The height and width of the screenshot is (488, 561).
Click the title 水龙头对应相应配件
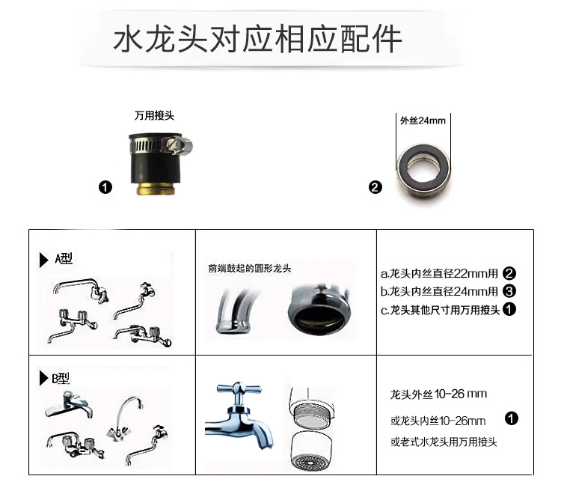click(257, 39)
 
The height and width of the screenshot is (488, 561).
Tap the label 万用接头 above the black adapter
click(154, 116)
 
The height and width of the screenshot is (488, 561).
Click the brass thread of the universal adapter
click(156, 189)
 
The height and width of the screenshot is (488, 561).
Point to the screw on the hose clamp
click(171, 144)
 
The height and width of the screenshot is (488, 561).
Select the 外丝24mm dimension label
click(423, 121)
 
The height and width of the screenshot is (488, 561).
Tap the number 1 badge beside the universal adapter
click(105, 187)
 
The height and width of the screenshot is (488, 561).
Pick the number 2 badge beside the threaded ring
click(375, 187)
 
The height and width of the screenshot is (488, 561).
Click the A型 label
click(64, 258)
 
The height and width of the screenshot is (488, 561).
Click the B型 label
click(61, 379)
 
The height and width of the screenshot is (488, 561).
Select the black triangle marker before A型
click(43, 260)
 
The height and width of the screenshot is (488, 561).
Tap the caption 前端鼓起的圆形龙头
click(250, 269)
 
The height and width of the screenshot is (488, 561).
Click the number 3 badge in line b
click(509, 291)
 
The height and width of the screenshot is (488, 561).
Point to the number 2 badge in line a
click(509, 273)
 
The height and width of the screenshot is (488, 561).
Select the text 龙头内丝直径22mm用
click(444, 273)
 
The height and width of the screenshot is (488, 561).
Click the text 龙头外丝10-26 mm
click(438, 394)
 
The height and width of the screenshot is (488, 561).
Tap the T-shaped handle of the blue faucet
click(239, 388)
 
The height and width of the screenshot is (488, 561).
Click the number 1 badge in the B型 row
click(512, 418)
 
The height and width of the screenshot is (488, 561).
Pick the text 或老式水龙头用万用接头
click(444, 442)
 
